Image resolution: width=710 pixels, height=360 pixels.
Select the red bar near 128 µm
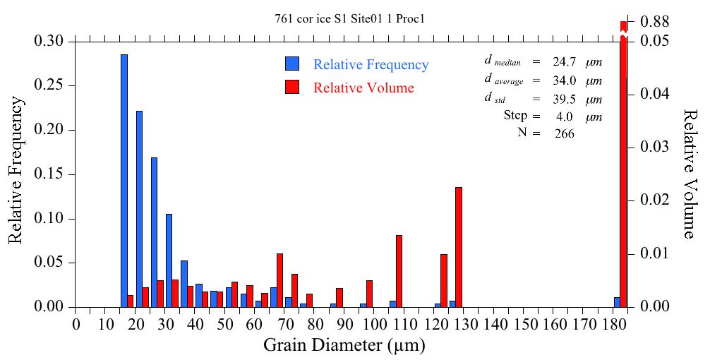(x=459, y=247)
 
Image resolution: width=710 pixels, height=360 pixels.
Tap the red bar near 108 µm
(x=399, y=271)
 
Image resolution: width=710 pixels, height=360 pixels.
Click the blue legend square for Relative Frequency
(x=292, y=64)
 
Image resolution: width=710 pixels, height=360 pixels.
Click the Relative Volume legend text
(x=363, y=88)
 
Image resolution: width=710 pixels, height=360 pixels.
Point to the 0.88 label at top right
(x=654, y=22)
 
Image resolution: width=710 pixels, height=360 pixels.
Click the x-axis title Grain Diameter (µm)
(x=344, y=346)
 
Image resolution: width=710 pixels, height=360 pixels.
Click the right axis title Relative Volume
(x=690, y=174)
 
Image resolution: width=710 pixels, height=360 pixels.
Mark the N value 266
(x=564, y=133)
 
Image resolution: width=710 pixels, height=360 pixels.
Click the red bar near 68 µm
(x=279, y=280)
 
